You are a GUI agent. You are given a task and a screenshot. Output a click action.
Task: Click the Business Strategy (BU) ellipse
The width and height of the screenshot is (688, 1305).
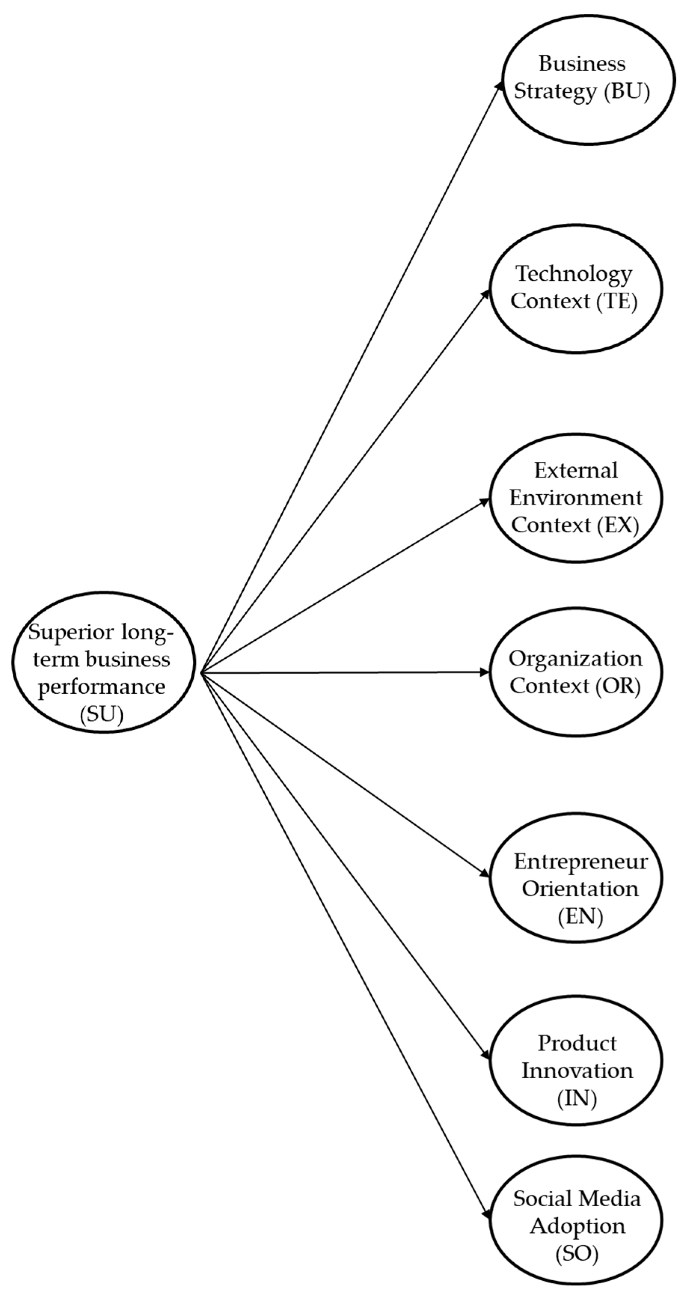coord(588,80)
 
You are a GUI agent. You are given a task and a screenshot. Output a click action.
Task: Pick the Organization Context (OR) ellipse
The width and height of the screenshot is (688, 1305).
coord(575,672)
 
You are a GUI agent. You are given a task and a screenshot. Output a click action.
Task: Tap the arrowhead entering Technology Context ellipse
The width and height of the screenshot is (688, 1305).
coord(486,294)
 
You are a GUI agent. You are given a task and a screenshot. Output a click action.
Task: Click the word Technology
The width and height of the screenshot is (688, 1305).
coord(574,274)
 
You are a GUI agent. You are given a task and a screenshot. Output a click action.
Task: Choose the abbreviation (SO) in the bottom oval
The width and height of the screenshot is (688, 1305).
coord(577,1253)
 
